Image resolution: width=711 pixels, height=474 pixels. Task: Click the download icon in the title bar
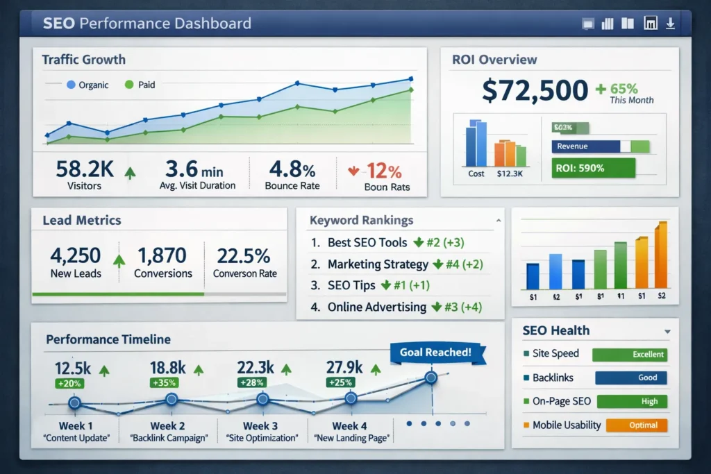[670, 24]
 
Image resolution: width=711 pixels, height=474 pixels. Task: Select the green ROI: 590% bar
[594, 168]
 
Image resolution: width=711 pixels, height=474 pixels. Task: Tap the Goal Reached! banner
[435, 352]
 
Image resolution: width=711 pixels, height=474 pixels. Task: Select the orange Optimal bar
[636, 425]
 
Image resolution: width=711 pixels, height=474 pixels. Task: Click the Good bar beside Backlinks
[630, 378]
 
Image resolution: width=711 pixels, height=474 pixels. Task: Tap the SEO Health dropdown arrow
[667, 332]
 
